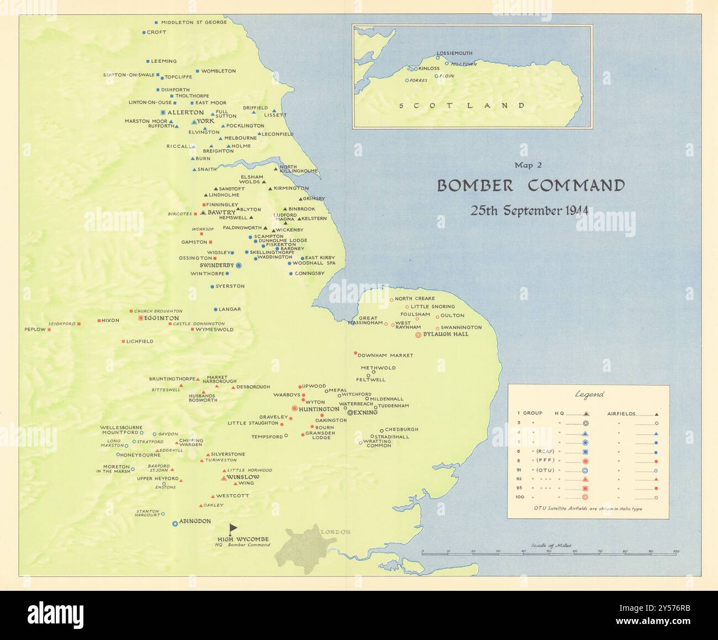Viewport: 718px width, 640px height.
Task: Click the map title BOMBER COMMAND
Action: pos(531,185)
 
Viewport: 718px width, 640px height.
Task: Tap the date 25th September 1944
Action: pos(529,211)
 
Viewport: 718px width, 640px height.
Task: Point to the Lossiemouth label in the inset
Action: pos(455,54)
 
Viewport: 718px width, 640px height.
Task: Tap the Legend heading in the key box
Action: pos(589,395)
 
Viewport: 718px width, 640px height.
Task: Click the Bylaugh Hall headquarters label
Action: pos(445,334)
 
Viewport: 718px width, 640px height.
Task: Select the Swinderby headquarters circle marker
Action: pos(239,266)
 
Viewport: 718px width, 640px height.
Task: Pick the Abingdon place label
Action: pos(195,521)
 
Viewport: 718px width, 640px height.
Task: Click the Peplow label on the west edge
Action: pos(35,329)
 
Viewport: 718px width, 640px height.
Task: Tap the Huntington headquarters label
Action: pos(319,409)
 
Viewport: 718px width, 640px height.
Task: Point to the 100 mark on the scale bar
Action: pos(675,551)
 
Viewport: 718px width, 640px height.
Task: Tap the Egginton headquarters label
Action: pos(161,318)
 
